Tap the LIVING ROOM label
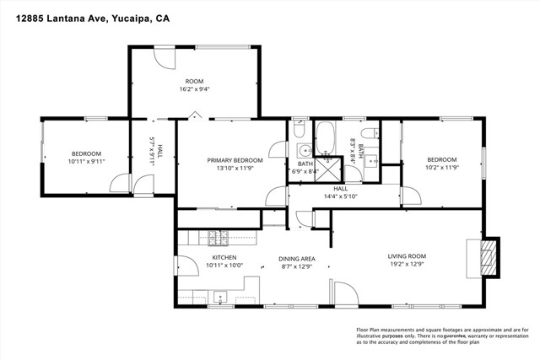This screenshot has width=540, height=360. tap(407, 256)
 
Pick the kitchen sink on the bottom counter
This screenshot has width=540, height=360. tap(220, 296)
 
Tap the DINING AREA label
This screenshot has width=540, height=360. tap(297, 257)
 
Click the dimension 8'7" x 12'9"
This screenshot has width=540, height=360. tap(297, 266)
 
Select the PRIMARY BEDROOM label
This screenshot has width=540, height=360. tap(235, 159)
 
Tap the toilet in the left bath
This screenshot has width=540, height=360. tap(300, 130)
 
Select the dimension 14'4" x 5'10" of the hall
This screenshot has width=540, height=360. tap(341, 196)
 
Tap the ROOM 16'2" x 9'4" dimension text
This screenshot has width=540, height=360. tap(195, 89)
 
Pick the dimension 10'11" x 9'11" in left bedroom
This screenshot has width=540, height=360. tap(85, 161)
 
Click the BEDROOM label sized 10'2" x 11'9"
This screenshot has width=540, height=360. tap(441, 159)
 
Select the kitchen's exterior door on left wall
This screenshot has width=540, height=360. tap(179, 264)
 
